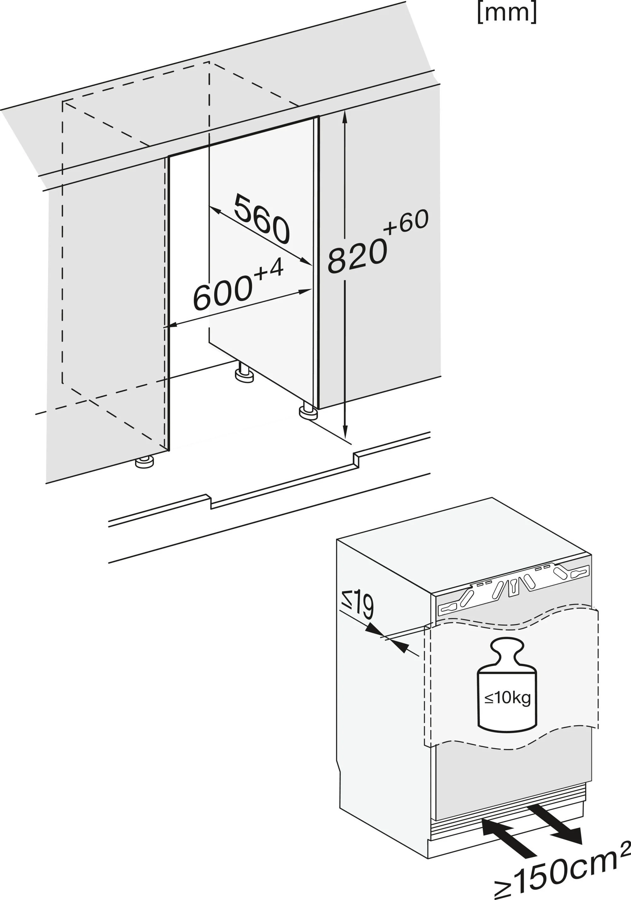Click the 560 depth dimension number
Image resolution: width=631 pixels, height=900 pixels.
[x=262, y=220]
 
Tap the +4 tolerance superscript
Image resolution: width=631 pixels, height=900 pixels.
[x=268, y=270]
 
